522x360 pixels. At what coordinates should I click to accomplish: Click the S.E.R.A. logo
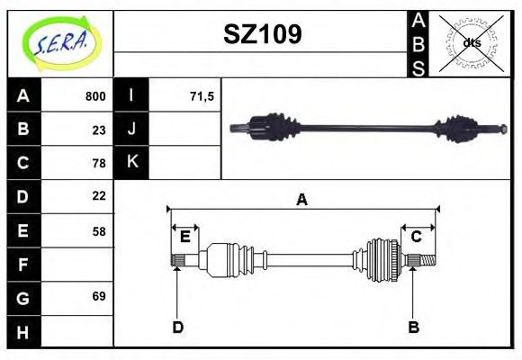(x=61, y=43)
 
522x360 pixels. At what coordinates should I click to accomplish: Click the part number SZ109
(x=263, y=34)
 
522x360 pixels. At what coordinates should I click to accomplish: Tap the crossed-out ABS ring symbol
(x=471, y=43)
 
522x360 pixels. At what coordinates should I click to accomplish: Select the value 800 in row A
(x=95, y=96)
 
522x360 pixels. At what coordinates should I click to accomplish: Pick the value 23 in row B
(x=99, y=130)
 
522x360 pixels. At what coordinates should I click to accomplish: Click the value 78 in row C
(x=99, y=163)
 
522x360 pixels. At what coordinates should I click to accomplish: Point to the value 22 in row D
(x=99, y=196)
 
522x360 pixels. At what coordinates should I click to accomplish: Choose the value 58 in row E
(x=99, y=231)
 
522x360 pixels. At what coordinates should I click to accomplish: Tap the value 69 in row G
(x=99, y=296)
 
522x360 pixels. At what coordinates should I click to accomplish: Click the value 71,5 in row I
(x=202, y=96)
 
